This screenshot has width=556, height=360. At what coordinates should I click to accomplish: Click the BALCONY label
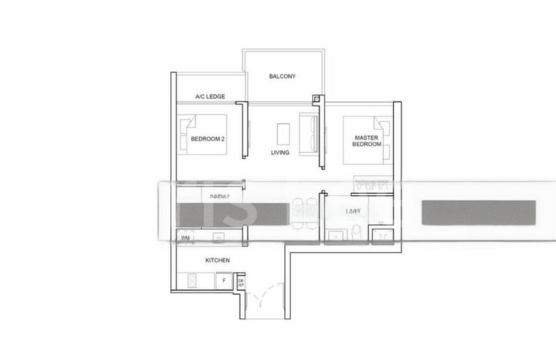tap(283, 76)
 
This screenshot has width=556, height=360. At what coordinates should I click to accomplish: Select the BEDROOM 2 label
tap(208, 139)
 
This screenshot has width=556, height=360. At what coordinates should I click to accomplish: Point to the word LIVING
tap(281, 152)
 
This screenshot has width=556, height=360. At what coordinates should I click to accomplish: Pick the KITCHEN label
tap(218, 260)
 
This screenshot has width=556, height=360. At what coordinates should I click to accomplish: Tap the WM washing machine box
tap(185, 238)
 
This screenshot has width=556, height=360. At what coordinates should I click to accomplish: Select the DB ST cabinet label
tap(240, 282)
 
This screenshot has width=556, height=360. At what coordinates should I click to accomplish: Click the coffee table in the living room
tap(282, 133)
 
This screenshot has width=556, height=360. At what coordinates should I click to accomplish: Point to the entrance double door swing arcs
tap(268, 299)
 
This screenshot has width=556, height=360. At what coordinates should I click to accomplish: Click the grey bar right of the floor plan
tap(478, 213)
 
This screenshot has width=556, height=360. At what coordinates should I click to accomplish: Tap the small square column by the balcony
tap(316, 99)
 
